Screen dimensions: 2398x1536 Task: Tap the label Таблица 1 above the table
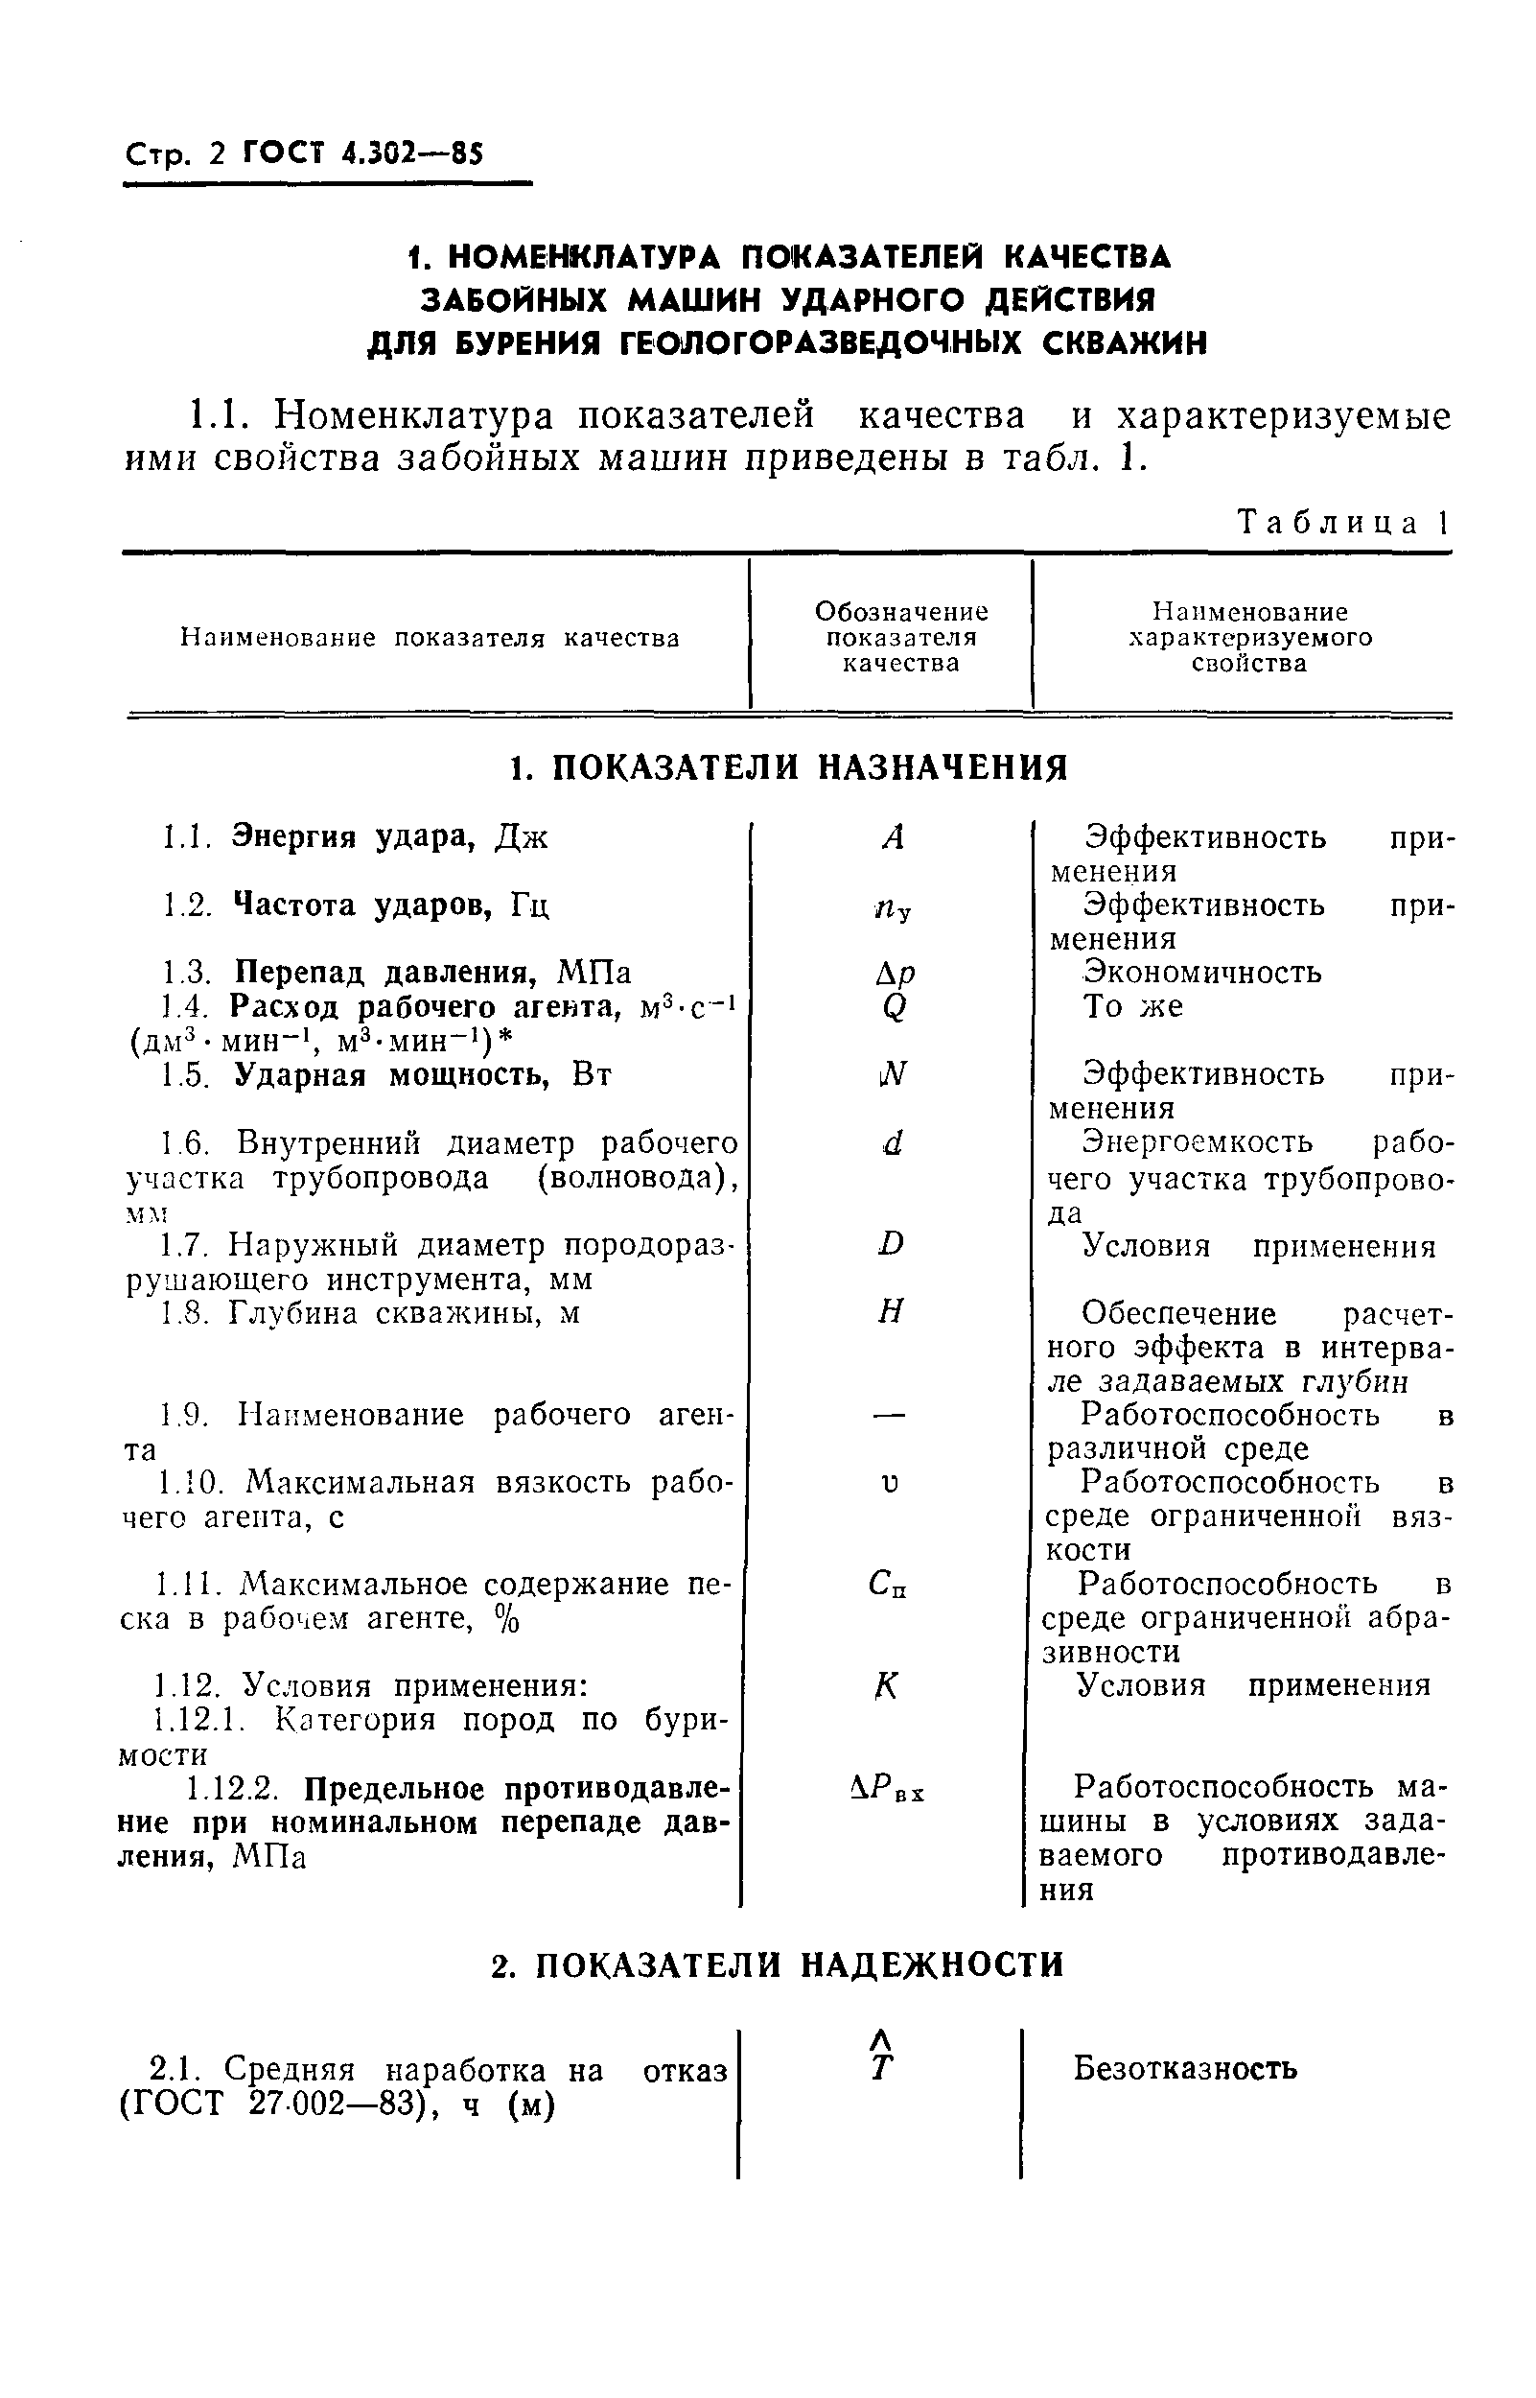(x=1342, y=523)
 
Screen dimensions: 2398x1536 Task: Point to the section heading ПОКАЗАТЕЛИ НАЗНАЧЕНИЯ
(x=788, y=768)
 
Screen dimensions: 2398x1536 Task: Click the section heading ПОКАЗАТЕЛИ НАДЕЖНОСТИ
(x=778, y=1965)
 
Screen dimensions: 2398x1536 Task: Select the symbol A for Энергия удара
(x=893, y=838)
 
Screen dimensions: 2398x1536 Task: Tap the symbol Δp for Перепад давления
(x=894, y=973)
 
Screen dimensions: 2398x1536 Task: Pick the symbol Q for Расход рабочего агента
(x=894, y=1007)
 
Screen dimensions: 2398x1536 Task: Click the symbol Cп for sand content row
(x=887, y=1584)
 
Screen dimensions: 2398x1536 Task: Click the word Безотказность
(x=1185, y=2070)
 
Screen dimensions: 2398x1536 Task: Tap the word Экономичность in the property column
(x=1202, y=973)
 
